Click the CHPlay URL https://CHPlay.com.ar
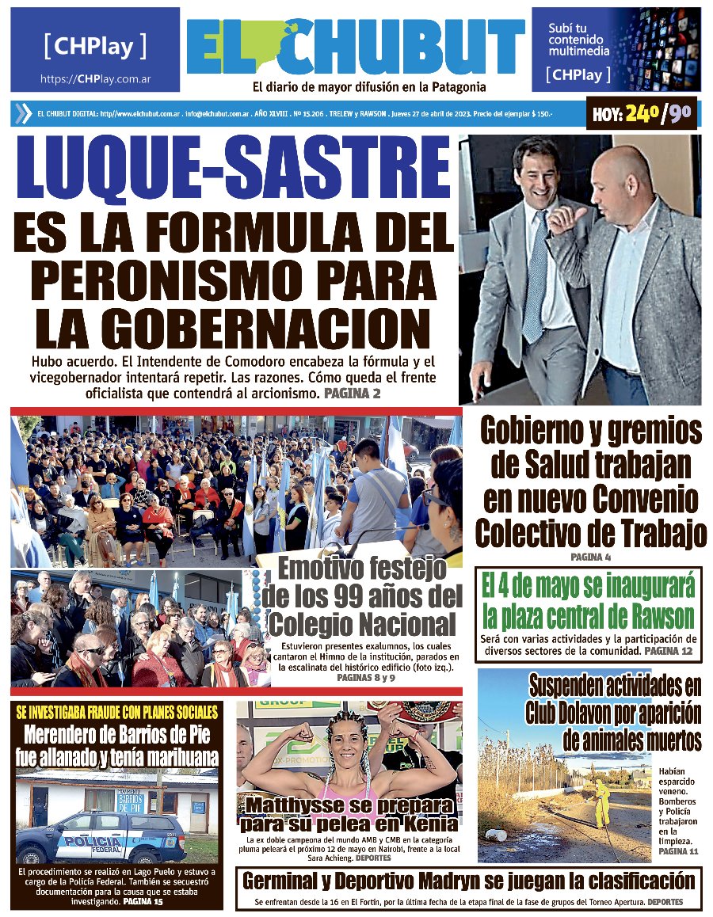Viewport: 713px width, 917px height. (x=96, y=79)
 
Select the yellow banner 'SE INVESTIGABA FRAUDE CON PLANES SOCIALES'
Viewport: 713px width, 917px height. (x=117, y=710)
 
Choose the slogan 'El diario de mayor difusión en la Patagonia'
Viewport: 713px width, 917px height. (x=369, y=87)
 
